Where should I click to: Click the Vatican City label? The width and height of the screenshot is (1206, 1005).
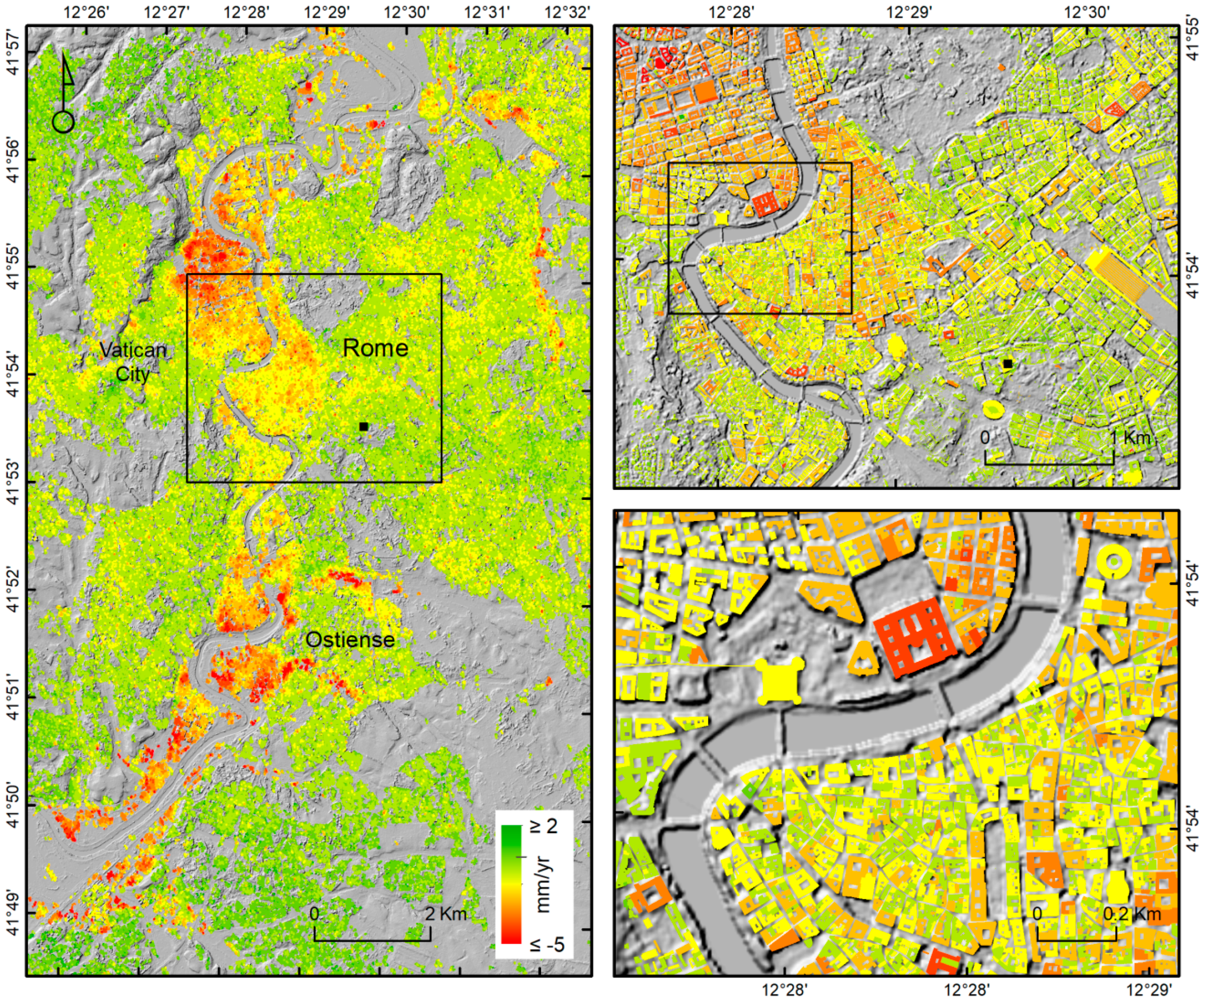click(133, 362)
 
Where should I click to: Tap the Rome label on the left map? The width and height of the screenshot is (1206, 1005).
click(375, 348)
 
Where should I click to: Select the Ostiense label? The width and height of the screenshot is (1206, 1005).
click(350, 639)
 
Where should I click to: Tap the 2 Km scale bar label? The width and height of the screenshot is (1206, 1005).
click(446, 914)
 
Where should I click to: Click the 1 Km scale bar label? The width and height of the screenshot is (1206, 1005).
click(1129, 438)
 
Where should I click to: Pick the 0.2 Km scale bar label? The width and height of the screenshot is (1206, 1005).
click(1132, 914)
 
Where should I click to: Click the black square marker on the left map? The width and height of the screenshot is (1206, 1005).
click(363, 426)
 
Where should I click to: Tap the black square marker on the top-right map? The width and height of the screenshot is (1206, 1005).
click(1007, 364)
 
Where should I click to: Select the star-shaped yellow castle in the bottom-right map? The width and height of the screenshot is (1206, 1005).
click(780, 681)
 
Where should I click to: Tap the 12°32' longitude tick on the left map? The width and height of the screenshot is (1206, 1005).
click(567, 12)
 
